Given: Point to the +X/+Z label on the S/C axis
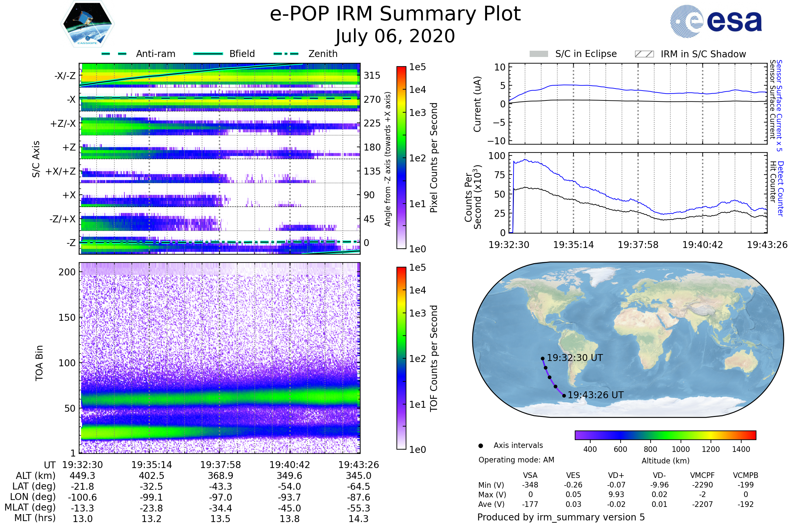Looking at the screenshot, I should (x=61, y=171).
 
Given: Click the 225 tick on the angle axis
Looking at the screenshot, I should (x=372, y=123).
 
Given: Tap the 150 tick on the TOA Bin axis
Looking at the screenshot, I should (x=67, y=318).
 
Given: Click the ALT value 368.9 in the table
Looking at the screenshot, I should (x=220, y=476).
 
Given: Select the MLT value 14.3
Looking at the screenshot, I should (x=358, y=518).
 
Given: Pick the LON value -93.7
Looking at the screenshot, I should (x=289, y=497).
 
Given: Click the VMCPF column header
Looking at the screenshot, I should (x=702, y=475).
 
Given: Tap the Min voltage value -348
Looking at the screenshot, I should (x=530, y=485).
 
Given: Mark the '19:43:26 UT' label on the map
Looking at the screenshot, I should (x=595, y=395).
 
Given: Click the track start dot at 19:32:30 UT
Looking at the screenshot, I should (x=542, y=359).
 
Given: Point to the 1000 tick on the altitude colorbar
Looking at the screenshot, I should (x=680, y=449).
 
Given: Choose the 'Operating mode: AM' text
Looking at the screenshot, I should (x=516, y=460).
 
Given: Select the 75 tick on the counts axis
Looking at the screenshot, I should (x=499, y=175).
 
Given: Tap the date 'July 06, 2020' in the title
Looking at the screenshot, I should (x=395, y=36).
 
